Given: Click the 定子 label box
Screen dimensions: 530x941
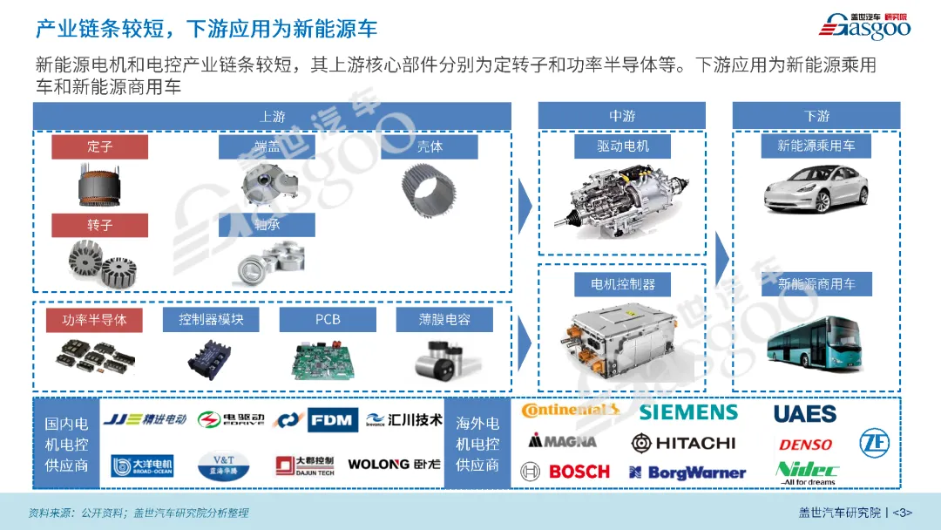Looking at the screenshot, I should [x=99, y=147].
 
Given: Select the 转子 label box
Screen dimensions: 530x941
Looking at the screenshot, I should [x=99, y=225].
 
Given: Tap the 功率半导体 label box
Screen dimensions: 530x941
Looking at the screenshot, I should [x=94, y=320].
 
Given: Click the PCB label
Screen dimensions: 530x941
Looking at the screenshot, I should [x=328, y=320].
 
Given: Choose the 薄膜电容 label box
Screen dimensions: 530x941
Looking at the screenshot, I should [x=444, y=320].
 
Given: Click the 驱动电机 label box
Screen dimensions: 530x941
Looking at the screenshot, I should [x=622, y=146].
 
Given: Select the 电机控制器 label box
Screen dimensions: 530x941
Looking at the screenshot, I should [x=622, y=283].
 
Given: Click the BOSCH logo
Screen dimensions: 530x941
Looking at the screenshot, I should [x=566, y=472].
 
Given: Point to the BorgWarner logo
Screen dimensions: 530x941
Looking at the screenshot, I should [x=687, y=472].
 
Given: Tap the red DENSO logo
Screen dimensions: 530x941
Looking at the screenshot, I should [x=805, y=445].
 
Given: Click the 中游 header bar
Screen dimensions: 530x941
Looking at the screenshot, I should [x=622, y=116].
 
